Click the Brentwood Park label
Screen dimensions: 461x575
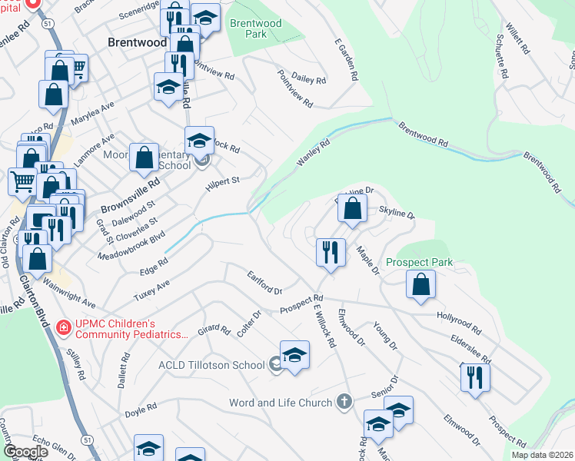coord(256,28)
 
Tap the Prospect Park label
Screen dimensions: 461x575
coord(419,263)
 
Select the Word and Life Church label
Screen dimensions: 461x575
coord(281,403)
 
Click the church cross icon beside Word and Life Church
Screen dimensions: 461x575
coord(344,402)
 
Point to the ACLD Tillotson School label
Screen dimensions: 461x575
coord(211,365)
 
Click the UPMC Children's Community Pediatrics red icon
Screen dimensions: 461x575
coord(63,328)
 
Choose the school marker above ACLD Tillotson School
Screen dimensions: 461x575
coord(294,355)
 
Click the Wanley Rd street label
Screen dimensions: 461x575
coord(313,151)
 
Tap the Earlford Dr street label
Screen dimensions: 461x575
coord(264,282)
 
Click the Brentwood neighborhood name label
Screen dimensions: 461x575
coord(137,43)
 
